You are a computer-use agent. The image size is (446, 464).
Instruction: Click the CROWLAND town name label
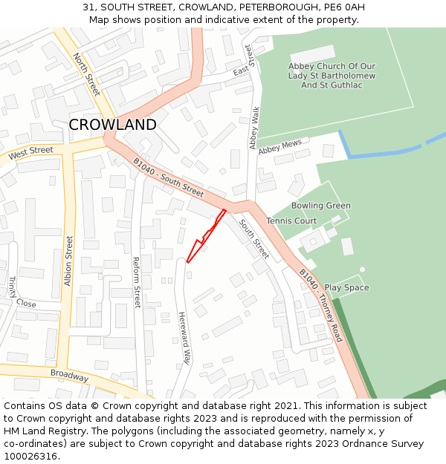112,125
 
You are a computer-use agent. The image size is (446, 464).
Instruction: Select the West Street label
30,151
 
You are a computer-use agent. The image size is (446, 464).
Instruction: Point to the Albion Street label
68,261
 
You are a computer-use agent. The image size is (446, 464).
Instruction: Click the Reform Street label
136,283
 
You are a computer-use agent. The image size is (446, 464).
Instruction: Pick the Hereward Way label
183,338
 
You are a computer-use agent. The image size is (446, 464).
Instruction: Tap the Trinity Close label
22,293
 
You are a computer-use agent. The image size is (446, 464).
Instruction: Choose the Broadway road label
69,376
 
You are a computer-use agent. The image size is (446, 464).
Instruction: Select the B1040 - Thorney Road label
320,305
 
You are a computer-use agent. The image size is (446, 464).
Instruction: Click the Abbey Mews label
280,146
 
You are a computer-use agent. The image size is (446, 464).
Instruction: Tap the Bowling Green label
320,206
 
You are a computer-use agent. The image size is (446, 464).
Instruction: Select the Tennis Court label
291,221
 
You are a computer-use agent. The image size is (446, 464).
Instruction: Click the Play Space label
346,287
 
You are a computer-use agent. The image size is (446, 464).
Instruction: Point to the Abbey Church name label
332,76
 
